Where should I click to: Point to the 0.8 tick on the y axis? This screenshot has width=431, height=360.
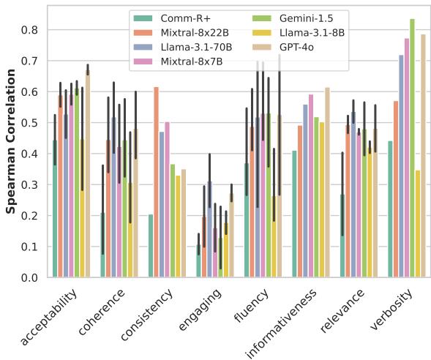(30, 30)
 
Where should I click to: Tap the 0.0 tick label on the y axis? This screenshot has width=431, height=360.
(30, 278)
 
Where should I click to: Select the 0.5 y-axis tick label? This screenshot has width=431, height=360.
(30, 123)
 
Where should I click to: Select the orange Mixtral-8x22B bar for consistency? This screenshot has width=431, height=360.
(157, 182)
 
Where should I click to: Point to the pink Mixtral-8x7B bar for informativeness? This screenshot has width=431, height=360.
(310, 186)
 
